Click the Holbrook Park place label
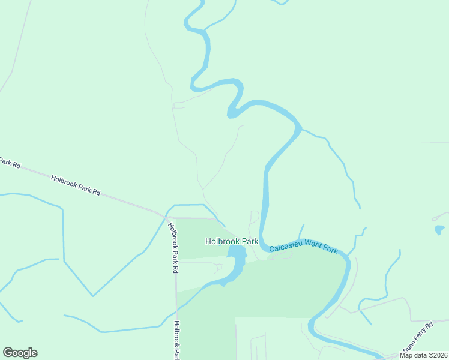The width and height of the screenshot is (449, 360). tap(232, 241)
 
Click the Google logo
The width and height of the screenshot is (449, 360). tap(20, 353)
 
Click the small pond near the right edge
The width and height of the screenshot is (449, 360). tap(439, 230)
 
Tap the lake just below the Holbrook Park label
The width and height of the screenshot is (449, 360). tap(237, 259)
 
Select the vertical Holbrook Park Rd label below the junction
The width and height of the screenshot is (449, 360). tap(173, 248)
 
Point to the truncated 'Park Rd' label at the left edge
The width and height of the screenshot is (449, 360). tap(10, 163)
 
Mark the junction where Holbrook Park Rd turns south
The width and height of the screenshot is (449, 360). tap(168, 217)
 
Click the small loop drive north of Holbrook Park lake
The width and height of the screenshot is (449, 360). tap(254, 217)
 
